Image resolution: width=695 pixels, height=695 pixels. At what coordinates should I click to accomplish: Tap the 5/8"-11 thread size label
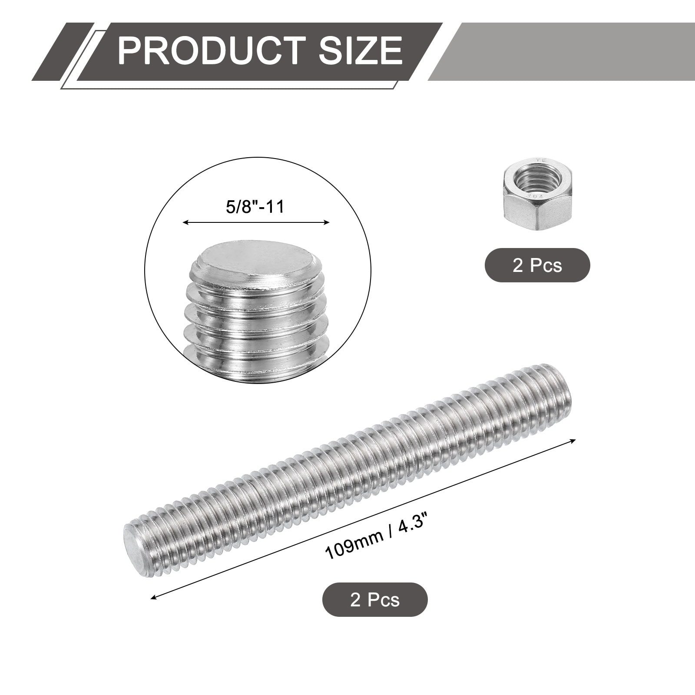[255, 206]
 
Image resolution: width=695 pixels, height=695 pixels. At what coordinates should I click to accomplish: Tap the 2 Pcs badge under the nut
[537, 265]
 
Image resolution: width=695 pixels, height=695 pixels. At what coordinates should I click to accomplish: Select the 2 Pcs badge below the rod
[375, 599]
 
